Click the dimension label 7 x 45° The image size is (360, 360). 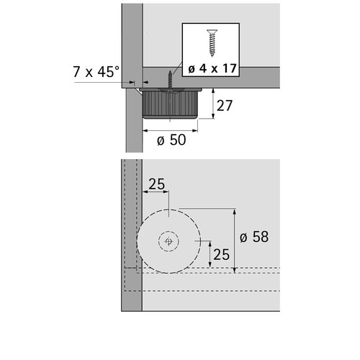point(96,71)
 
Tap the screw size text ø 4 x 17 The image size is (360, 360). point(212,68)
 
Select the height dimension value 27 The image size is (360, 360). point(225,106)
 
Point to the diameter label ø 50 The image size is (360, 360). point(171,140)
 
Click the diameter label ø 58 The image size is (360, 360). point(254,237)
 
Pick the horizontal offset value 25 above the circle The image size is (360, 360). point(157,184)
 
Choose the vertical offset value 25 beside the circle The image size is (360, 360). point(221,254)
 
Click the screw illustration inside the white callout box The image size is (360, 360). point(212,43)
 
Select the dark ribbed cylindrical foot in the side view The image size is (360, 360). point(170,104)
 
